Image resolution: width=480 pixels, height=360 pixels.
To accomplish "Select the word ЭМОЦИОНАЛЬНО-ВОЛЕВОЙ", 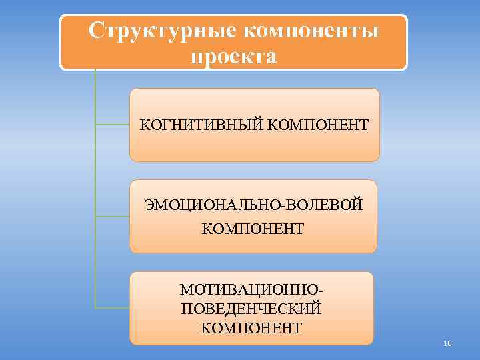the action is point(253,204).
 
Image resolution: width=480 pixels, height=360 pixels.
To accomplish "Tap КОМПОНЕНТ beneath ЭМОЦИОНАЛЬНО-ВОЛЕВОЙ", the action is point(253,229).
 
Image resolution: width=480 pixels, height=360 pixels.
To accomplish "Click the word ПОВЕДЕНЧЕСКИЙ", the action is point(251,309).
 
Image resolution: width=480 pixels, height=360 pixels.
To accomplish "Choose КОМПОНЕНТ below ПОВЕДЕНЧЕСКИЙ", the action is point(251,328).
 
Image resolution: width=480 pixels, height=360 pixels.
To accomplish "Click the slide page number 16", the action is point(447,343).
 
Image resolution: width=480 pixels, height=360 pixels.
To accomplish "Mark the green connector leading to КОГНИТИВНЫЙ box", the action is point(112,124).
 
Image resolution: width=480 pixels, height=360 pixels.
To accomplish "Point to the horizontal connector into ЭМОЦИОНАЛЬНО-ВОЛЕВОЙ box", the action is point(112,216).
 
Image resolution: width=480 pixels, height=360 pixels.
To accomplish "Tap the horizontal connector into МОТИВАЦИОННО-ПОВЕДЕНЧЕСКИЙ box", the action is point(112,308).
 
